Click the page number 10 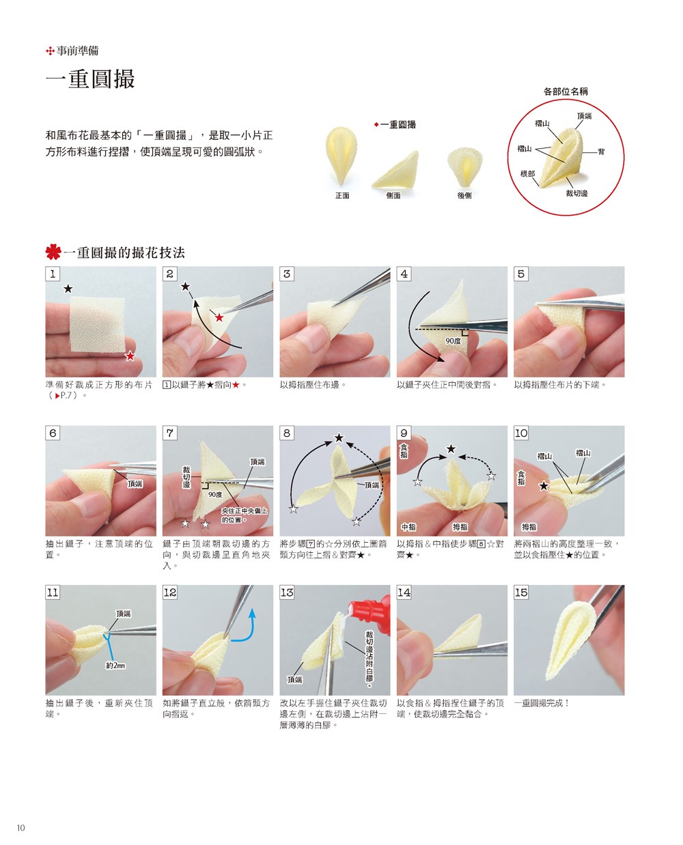point(20,827)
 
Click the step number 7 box point(170,433)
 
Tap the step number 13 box point(287,592)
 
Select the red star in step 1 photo point(130,356)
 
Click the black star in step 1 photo point(68,289)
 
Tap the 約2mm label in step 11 point(115,665)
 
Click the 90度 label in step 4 point(453,341)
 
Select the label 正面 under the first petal point(342,196)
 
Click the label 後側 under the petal point(464,196)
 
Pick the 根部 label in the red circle point(527,174)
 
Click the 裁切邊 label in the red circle point(576,193)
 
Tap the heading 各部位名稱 point(566,91)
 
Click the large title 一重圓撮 point(90,78)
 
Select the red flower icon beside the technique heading point(53,251)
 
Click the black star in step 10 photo point(543,485)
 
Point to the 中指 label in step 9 point(408,527)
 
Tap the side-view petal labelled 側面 point(395,170)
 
